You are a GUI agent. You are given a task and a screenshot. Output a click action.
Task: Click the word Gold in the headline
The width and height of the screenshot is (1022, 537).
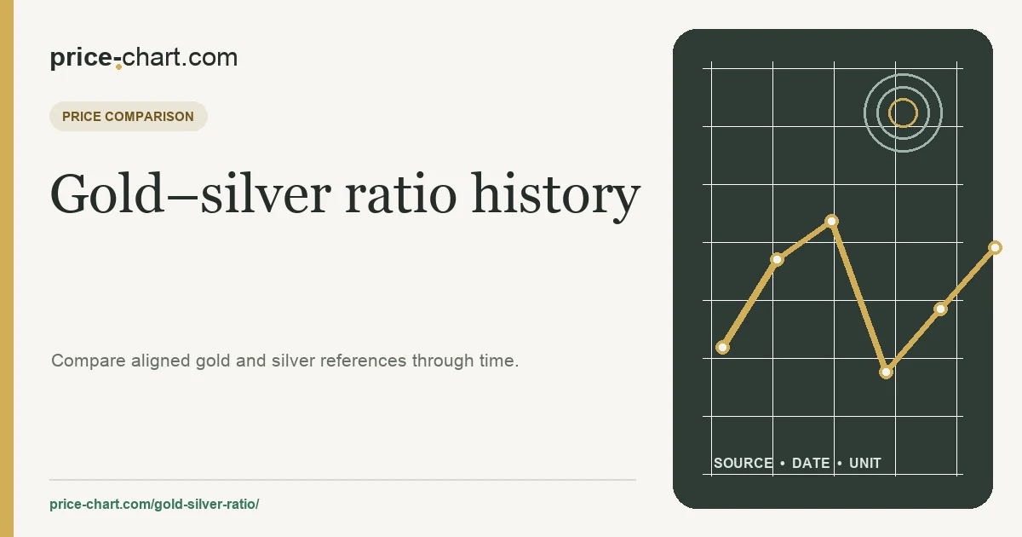tap(106, 193)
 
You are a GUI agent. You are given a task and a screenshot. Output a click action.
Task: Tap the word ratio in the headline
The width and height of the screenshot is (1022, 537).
tap(400, 193)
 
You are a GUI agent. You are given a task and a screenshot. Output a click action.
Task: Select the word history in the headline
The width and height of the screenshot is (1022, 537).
tap(556, 196)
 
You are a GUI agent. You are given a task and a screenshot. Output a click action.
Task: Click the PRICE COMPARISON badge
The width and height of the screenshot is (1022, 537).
tap(129, 117)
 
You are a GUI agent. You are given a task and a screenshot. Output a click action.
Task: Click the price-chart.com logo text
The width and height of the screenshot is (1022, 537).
tap(144, 58)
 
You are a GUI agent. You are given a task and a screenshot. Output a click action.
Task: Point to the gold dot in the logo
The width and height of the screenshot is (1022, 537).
tap(118, 66)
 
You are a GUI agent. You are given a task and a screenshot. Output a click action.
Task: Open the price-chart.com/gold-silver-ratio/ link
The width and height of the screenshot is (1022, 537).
tap(154, 504)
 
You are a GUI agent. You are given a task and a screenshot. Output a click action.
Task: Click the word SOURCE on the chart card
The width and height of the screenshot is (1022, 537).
tap(744, 463)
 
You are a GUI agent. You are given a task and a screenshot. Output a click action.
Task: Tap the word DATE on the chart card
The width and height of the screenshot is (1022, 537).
tap(811, 463)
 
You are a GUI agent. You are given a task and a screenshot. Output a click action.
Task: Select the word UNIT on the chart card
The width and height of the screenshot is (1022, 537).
tap(865, 463)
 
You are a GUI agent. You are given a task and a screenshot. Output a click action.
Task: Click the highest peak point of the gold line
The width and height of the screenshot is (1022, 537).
tap(832, 222)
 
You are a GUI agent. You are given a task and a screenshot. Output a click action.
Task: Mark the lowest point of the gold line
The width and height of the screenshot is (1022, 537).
tap(886, 372)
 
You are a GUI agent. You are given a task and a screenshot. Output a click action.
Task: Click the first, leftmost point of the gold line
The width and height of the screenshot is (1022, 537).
tap(722, 348)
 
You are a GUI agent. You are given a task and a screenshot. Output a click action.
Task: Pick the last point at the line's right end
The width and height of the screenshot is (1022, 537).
tap(995, 248)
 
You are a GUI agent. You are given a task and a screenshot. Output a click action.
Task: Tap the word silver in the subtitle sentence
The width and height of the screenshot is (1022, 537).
tap(293, 361)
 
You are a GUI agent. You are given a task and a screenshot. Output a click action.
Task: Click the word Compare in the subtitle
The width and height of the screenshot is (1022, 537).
tap(89, 361)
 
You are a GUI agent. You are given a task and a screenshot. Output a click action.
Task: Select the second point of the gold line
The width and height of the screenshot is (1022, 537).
tap(777, 260)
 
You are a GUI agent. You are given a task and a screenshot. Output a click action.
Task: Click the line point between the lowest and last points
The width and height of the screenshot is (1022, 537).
tap(940, 309)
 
